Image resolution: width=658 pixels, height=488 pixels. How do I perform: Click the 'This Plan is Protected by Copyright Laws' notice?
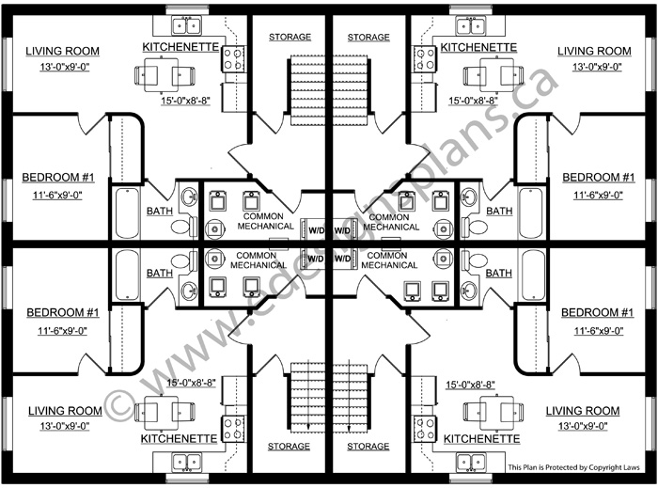[573, 467]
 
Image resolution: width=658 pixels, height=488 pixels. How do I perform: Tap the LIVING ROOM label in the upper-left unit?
[63, 51]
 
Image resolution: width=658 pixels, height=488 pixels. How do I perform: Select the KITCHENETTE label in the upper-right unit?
[478, 46]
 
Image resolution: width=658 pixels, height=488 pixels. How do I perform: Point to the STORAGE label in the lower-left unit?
[290, 447]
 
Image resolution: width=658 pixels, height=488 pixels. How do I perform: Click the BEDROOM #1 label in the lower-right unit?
[595, 312]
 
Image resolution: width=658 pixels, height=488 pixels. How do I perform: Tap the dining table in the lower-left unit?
[155, 411]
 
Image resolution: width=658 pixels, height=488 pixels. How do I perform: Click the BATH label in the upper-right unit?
[498, 211]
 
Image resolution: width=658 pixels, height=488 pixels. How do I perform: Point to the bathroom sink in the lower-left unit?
[189, 289]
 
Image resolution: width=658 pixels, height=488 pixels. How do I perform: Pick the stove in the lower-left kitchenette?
[230, 429]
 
